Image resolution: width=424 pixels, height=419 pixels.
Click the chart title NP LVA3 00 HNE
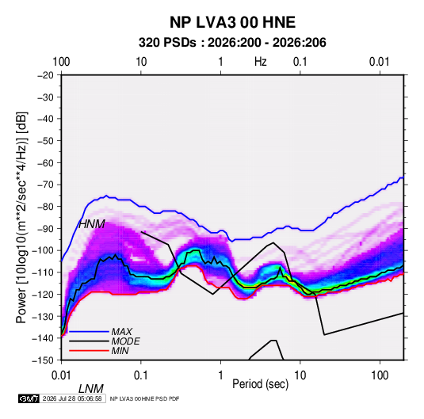(x=232, y=22)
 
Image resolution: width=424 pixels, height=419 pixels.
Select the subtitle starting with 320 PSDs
(x=232, y=43)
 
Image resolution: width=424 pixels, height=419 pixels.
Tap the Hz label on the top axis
(x=261, y=62)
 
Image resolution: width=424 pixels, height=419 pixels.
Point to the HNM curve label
(x=92, y=224)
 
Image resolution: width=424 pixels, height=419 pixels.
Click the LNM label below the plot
(x=91, y=389)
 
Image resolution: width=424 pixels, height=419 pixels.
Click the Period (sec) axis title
(x=261, y=384)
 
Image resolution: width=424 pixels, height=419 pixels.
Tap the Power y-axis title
(x=21, y=218)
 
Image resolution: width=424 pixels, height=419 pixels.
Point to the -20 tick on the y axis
(x=45, y=75)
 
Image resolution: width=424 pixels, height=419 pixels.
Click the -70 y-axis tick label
(x=45, y=185)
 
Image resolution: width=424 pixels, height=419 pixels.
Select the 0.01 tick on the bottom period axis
(x=61, y=375)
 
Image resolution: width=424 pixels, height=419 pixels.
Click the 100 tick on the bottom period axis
(x=380, y=375)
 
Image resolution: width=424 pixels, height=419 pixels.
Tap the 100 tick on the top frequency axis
(x=61, y=62)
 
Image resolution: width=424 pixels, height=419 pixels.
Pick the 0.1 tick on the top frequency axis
(x=300, y=62)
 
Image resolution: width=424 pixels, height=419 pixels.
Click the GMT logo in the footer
(x=29, y=398)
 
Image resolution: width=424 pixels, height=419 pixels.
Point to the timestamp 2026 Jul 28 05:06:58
(x=72, y=398)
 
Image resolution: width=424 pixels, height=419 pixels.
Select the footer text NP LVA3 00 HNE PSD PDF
(x=145, y=398)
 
